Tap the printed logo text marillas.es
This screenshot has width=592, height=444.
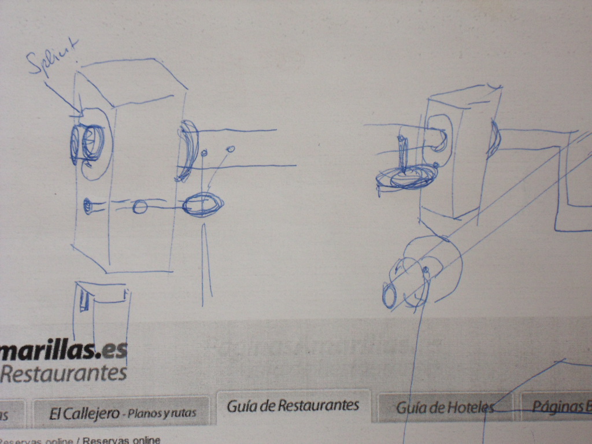(x=64, y=350)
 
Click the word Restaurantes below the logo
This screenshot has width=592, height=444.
(x=64, y=373)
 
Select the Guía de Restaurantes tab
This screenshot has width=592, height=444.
(x=293, y=406)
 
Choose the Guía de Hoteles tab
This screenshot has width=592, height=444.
(x=445, y=408)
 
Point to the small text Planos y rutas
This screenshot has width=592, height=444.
(x=161, y=413)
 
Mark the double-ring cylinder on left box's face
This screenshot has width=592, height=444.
(x=87, y=142)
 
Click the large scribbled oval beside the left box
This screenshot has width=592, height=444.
(x=202, y=205)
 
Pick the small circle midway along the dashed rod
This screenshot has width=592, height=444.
(x=139, y=207)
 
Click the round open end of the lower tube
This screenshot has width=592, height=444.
(x=389, y=295)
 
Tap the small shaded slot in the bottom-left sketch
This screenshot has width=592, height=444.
(x=84, y=302)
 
